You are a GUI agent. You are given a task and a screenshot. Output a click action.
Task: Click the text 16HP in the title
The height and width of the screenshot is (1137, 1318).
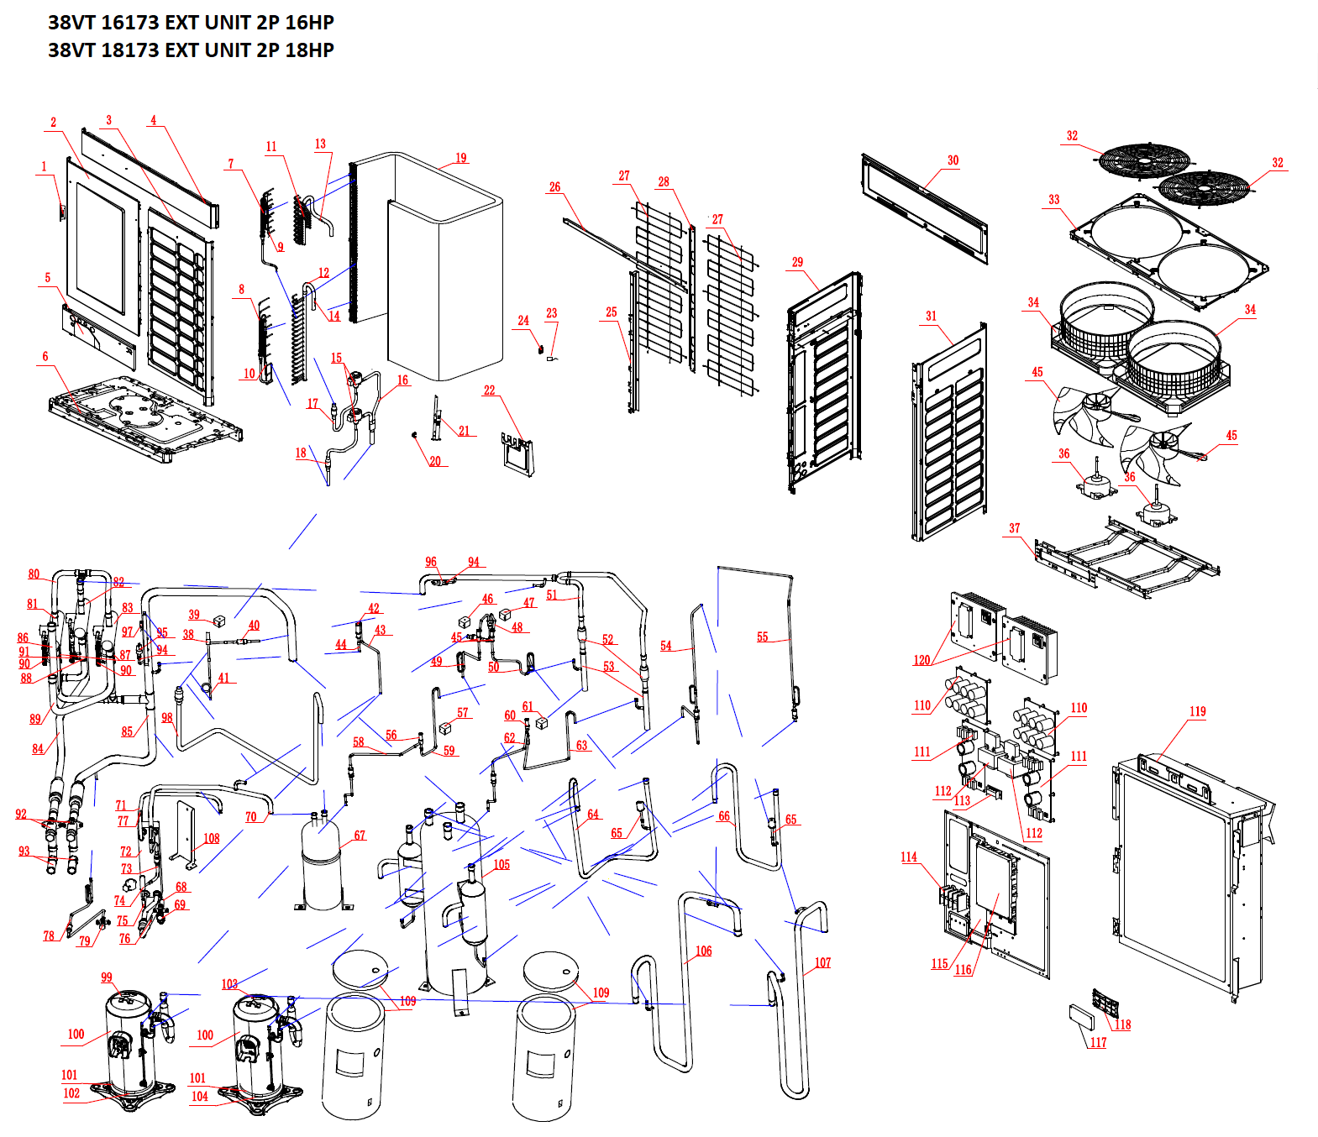(x=309, y=23)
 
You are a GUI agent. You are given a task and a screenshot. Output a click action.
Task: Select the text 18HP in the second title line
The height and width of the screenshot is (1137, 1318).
(x=309, y=50)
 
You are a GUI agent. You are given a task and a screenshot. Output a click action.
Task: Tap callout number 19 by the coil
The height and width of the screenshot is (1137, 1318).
(x=461, y=158)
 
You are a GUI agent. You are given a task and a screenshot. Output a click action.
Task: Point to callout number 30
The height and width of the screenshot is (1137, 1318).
(x=953, y=160)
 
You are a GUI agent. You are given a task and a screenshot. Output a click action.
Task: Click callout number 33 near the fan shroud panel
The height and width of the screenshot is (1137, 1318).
(x=1054, y=200)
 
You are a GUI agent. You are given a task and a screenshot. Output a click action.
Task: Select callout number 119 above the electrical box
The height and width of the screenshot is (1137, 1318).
(x=1197, y=711)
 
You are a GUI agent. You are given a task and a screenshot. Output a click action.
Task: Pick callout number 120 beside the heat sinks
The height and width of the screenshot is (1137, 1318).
(x=922, y=660)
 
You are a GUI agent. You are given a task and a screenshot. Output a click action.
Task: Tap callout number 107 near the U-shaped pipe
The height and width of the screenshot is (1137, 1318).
(x=822, y=962)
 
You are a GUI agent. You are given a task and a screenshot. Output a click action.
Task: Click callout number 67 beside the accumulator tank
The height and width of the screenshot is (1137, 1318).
(x=360, y=835)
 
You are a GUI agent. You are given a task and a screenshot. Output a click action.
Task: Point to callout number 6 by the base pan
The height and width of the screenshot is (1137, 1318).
(x=45, y=356)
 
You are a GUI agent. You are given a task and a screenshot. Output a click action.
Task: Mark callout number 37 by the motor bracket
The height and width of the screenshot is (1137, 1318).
(x=1015, y=528)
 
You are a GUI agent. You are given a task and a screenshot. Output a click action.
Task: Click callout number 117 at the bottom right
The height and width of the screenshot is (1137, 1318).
(x=1098, y=1042)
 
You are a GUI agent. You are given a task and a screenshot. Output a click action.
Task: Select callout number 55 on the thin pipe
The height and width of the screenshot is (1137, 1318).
(x=762, y=637)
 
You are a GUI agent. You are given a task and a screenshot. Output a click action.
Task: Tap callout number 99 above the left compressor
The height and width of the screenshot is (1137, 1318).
(x=107, y=977)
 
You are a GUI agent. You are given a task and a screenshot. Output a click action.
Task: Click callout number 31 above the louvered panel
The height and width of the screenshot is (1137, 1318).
(x=931, y=316)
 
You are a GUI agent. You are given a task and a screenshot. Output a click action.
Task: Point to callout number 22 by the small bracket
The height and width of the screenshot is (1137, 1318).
(x=490, y=390)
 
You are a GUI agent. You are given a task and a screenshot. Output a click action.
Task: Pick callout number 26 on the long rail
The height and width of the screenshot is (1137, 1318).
(x=554, y=187)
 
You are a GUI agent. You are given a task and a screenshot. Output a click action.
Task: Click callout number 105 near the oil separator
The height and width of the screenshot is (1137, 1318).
(x=501, y=864)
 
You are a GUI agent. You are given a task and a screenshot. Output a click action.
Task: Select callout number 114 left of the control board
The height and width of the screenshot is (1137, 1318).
(x=909, y=857)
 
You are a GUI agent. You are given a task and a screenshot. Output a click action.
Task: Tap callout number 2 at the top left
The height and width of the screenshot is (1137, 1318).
(x=54, y=123)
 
